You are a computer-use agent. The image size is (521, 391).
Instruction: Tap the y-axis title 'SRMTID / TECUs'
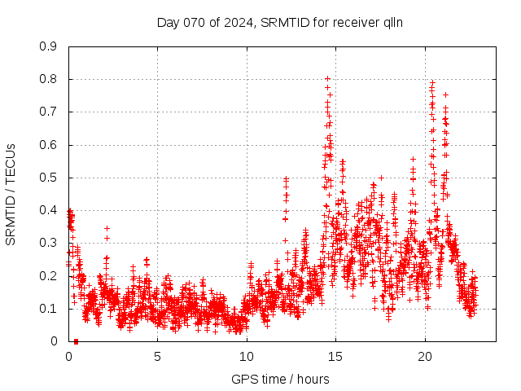click(11, 194)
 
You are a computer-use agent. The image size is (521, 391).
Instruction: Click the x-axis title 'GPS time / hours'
click(280, 379)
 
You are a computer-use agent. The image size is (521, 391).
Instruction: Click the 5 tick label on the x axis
click(158, 357)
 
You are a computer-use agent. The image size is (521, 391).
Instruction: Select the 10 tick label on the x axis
click(247, 357)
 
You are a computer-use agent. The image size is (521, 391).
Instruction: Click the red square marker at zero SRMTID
click(76, 340)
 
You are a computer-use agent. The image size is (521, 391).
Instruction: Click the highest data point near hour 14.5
click(327, 79)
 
